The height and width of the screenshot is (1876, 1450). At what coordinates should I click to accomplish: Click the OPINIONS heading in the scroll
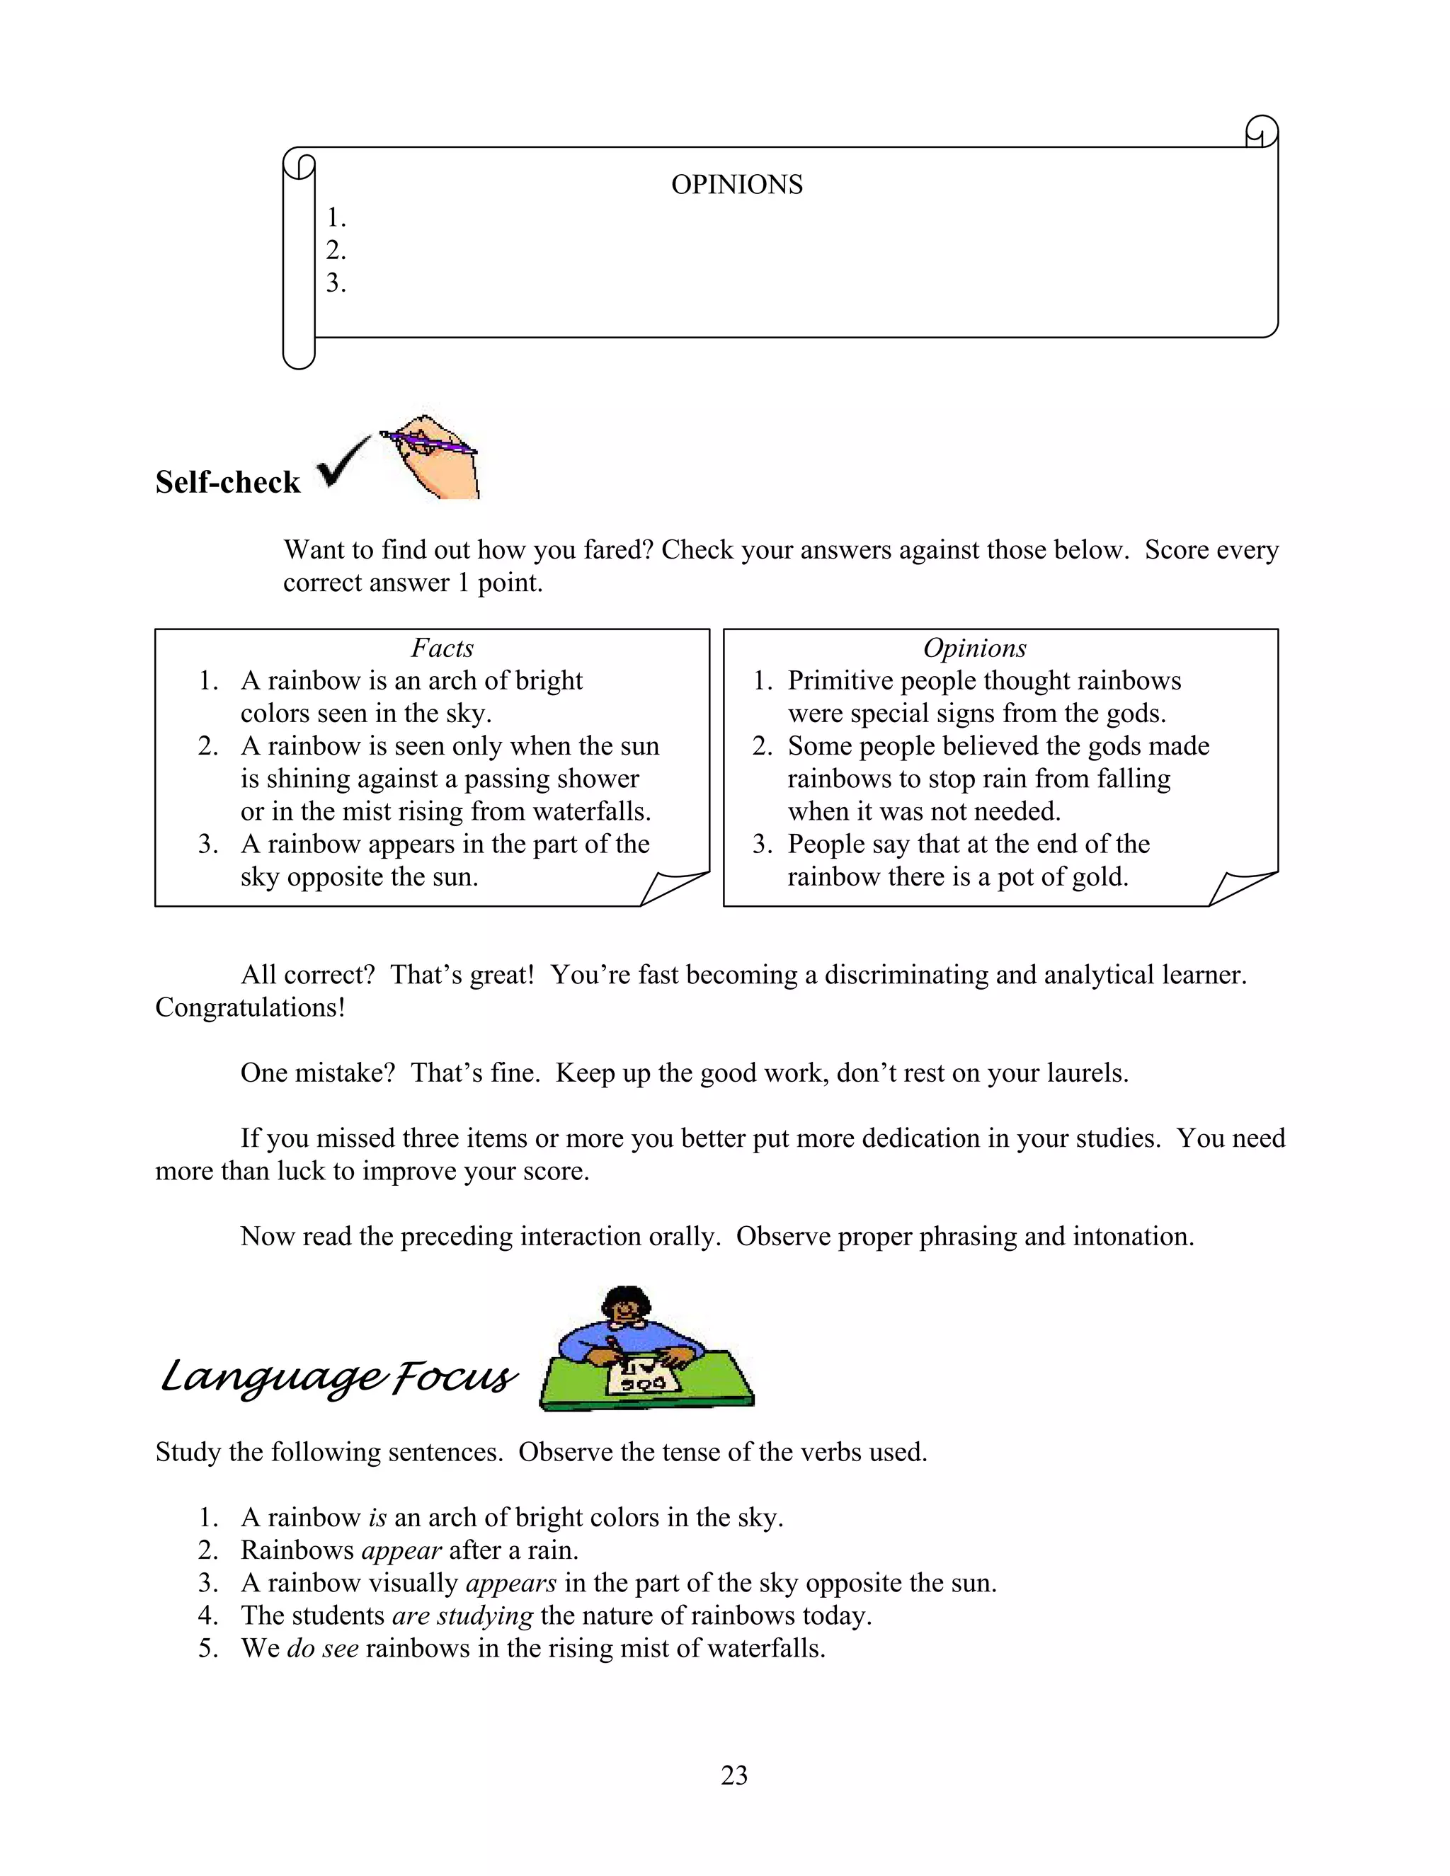click(x=736, y=185)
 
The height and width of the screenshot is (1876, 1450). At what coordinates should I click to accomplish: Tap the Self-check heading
click(x=228, y=483)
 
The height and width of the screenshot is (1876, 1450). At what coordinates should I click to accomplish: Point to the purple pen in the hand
click(x=430, y=442)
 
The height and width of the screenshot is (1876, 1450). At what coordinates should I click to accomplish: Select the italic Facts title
click(x=442, y=648)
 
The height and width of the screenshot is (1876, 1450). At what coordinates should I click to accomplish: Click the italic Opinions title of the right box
click(x=974, y=648)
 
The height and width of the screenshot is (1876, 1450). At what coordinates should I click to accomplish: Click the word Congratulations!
click(x=250, y=1007)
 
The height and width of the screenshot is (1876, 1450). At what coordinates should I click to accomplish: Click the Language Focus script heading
click(x=338, y=1377)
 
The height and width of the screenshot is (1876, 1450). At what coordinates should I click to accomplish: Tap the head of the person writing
click(x=625, y=1307)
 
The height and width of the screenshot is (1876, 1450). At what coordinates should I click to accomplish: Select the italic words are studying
click(x=462, y=1615)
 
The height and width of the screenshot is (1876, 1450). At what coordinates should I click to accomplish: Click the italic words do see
click(x=322, y=1648)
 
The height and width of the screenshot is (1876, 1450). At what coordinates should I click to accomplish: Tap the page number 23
click(x=733, y=1775)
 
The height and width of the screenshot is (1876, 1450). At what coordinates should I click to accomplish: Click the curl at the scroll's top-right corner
click(x=1261, y=132)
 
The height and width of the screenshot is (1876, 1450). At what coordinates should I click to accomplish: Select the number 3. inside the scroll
click(x=336, y=283)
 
